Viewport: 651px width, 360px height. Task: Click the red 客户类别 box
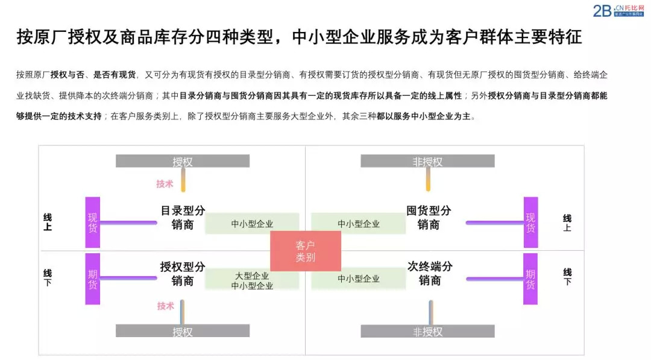(x=305, y=251)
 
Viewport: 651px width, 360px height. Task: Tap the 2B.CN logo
(x=619, y=10)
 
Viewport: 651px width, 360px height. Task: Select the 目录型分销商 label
(x=182, y=218)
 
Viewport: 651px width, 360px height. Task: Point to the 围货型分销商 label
(x=429, y=218)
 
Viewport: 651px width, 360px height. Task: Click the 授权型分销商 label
(x=182, y=273)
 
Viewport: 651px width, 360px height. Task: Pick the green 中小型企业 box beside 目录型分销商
(x=252, y=224)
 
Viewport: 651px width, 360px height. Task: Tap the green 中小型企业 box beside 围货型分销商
(x=358, y=224)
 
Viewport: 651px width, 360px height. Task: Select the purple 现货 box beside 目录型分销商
(x=92, y=223)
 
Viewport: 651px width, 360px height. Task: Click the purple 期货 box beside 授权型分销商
(x=92, y=279)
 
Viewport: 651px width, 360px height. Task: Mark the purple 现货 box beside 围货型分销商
(x=530, y=223)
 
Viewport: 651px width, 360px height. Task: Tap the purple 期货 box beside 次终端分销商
(x=530, y=279)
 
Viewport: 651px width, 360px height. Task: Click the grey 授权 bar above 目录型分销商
(x=183, y=161)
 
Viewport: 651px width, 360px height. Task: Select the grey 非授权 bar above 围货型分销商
(x=427, y=161)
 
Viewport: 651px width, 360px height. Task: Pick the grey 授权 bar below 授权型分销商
(x=183, y=331)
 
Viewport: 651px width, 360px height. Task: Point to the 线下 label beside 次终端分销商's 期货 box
(x=567, y=277)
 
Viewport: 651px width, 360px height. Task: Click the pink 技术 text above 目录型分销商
(x=165, y=184)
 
